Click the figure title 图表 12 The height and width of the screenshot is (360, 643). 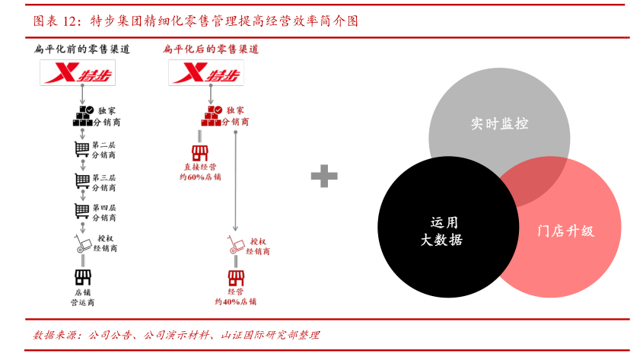coord(56,21)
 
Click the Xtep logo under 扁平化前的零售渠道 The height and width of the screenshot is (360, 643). coord(81,73)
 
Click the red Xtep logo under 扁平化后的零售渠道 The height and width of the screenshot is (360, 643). coord(205,73)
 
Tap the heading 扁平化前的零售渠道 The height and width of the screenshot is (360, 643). coord(81,49)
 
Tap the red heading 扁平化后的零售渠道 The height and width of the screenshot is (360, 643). coord(211,49)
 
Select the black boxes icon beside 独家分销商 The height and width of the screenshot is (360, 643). coord(83,116)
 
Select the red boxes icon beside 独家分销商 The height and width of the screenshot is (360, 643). coord(211,116)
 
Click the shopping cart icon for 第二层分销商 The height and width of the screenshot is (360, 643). coord(81,148)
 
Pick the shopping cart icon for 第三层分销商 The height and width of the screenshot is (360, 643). coord(81,180)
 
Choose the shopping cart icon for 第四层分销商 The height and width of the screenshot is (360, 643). coord(81,211)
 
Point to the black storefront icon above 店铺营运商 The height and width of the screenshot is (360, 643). coord(82,277)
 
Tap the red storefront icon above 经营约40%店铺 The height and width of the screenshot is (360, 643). coord(236,277)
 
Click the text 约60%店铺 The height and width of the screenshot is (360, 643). coord(200,177)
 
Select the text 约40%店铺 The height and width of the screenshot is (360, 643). coord(235,301)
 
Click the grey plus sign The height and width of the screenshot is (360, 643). coord(324,177)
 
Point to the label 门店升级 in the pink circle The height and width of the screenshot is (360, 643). coord(565,231)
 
